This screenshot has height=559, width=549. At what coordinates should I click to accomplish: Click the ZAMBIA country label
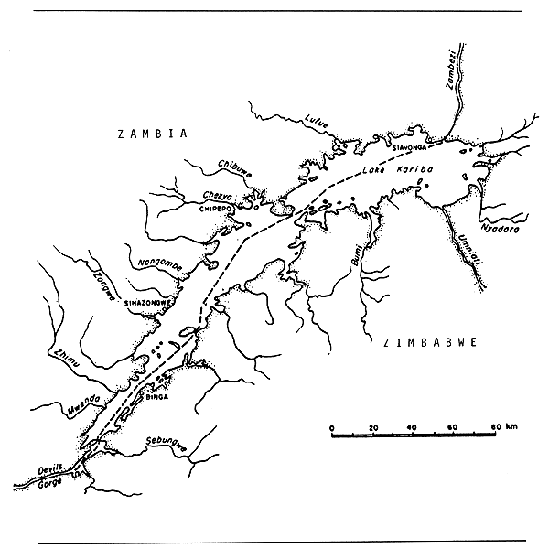point(152,134)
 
